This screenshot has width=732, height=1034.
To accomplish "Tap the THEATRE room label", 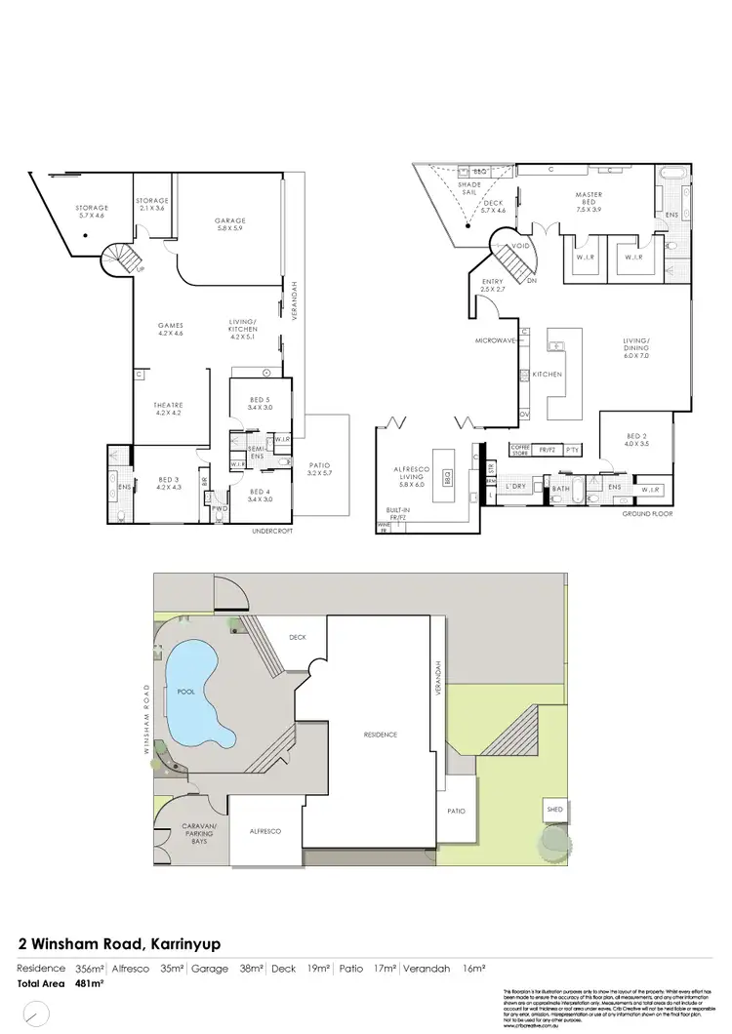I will [x=169, y=407].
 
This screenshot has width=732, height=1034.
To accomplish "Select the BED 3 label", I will [x=169, y=481].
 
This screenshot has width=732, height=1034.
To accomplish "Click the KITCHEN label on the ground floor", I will [x=546, y=375].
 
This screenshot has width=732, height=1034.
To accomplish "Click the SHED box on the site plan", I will [x=554, y=810].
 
